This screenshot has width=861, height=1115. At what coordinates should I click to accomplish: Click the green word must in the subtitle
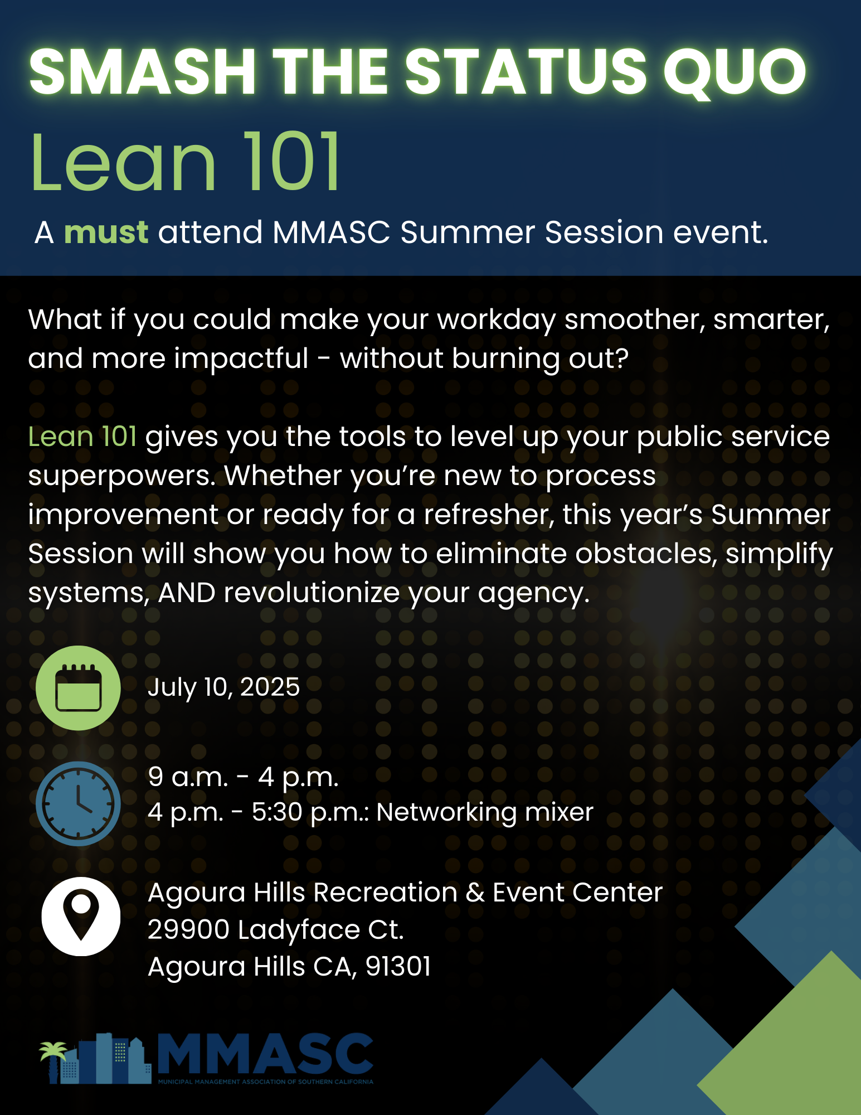[x=106, y=232]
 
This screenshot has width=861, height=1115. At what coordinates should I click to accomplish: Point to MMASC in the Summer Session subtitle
[x=331, y=232]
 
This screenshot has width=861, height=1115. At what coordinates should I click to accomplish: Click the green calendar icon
[x=78, y=688]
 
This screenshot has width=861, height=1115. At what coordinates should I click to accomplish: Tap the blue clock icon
[x=78, y=803]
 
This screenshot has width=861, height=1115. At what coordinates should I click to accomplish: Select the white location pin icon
[x=81, y=916]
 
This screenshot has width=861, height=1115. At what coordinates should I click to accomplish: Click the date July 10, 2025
[x=223, y=687]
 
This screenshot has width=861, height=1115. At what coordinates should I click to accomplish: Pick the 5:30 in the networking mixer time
[x=276, y=812]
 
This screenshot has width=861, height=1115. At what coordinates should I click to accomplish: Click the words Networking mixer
[x=485, y=812]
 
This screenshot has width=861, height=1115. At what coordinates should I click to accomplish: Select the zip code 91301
[x=398, y=967]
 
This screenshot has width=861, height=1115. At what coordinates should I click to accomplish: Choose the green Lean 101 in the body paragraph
[x=82, y=437]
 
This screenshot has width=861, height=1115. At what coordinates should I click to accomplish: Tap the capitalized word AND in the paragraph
[x=187, y=593]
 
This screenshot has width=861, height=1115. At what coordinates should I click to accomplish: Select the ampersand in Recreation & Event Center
[x=475, y=893]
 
